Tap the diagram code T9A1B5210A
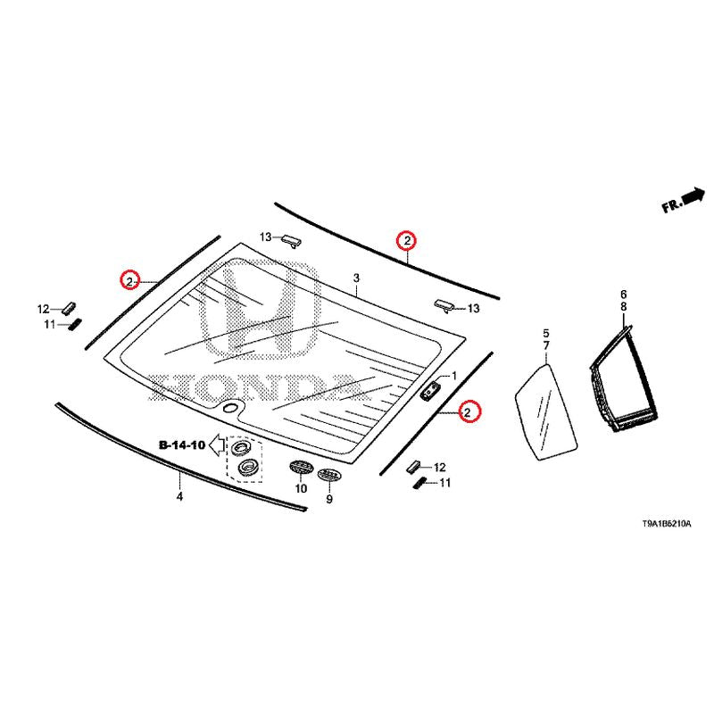(x=667, y=524)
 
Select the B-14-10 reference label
(x=182, y=444)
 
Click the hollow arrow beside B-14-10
(x=217, y=444)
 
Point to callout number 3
(x=356, y=278)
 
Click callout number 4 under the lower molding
(x=180, y=496)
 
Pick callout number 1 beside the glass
(x=453, y=376)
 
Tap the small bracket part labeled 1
(x=429, y=391)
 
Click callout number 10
(x=302, y=488)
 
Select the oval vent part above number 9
(x=329, y=474)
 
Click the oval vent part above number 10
(x=302, y=466)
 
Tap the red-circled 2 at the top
(x=407, y=240)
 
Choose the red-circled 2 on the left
(x=129, y=281)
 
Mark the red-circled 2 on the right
(x=469, y=411)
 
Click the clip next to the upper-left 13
(x=291, y=240)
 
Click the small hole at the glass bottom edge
(x=231, y=407)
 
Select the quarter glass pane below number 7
(x=546, y=411)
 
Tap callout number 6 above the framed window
(x=623, y=295)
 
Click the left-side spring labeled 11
(x=75, y=324)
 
